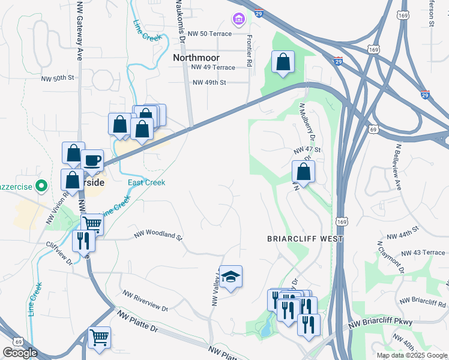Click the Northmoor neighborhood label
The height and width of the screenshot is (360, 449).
[x=197, y=58]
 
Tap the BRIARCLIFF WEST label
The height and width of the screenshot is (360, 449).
[x=305, y=239]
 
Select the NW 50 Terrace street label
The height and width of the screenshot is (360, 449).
[x=209, y=34]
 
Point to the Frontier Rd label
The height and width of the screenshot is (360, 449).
[x=249, y=50]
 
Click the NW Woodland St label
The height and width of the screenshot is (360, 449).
[x=158, y=235]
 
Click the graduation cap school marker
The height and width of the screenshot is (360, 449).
[x=231, y=277]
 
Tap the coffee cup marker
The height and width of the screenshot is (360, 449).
[x=92, y=160]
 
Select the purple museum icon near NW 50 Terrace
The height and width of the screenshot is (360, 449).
[x=238, y=20]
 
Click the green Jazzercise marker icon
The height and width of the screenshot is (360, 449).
[x=40, y=185]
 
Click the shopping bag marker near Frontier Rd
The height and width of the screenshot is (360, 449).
[x=282, y=61]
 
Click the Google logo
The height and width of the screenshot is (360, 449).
[x=20, y=353]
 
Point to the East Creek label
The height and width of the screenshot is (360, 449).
[x=146, y=182]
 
